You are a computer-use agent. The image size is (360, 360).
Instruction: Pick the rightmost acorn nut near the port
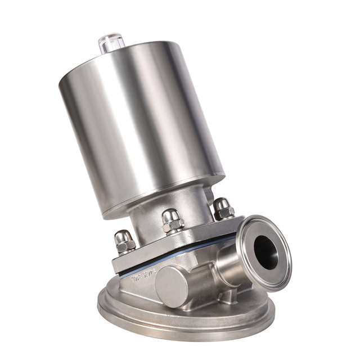coord(223,208)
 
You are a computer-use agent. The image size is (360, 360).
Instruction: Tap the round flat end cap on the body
coord(172,285)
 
